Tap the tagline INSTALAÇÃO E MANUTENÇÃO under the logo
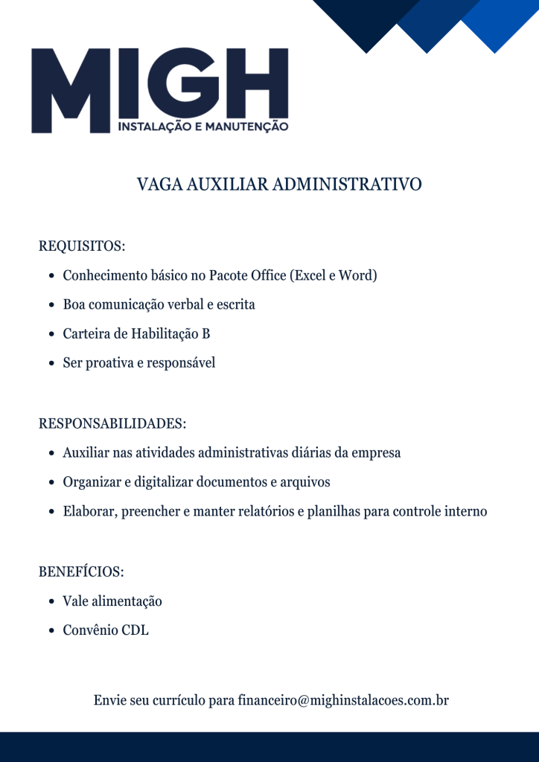coord(203,127)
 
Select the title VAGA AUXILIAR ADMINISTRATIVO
coord(279,184)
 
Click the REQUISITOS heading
coord(82,246)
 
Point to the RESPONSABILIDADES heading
coord(112,423)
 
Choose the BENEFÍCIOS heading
coord(81,571)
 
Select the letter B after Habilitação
coord(205,334)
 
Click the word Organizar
coord(92,482)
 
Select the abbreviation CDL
coord(135,630)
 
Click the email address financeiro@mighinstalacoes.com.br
coord(343,700)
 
